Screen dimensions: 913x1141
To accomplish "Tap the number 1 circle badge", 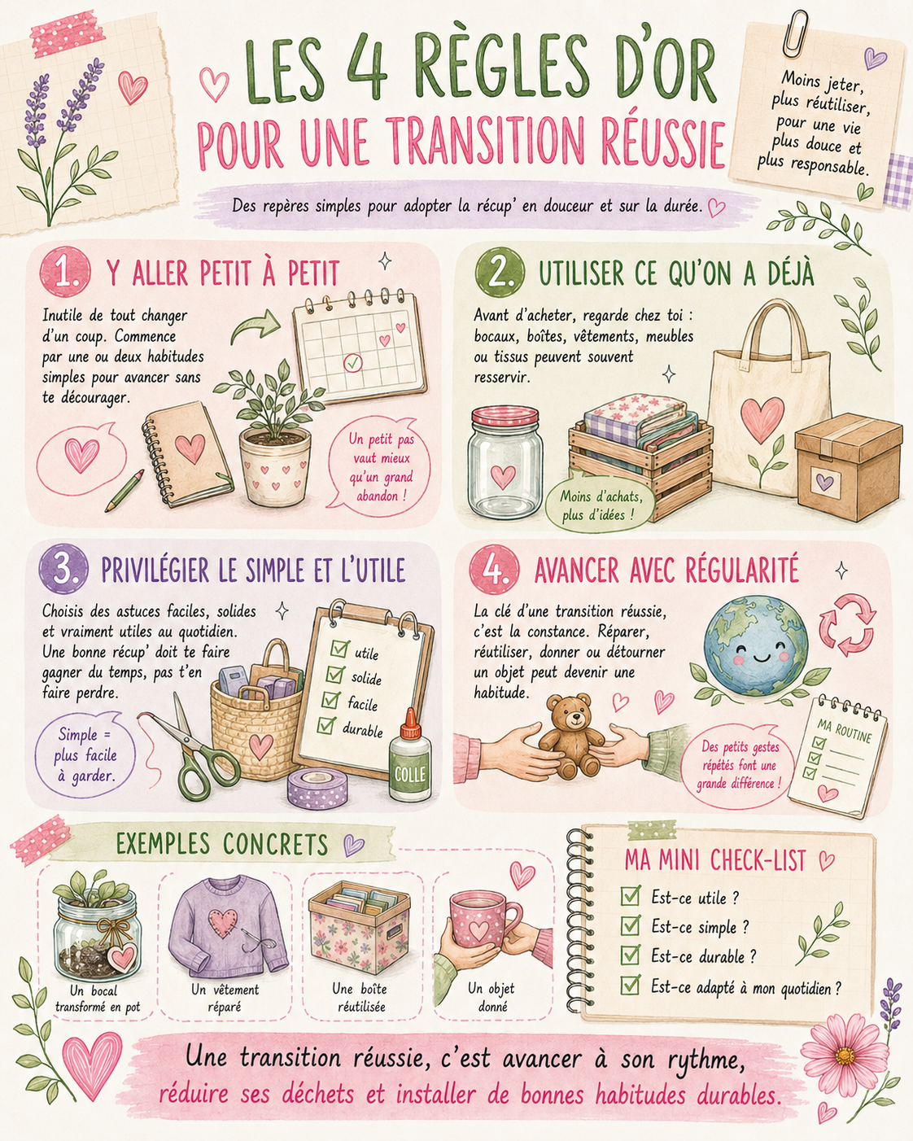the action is [x=64, y=274].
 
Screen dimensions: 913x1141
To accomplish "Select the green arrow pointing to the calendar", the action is [x=256, y=326].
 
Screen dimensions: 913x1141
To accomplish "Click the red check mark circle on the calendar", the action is [x=352, y=363].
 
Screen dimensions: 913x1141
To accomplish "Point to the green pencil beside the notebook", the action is [x=124, y=491].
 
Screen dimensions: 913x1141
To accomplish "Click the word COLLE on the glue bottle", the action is [x=410, y=775].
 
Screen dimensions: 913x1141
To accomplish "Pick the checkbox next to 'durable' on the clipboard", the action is [x=325, y=725].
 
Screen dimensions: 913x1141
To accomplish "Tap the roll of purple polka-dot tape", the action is [x=317, y=787].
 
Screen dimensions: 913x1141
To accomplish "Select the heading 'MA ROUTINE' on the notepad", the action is [x=844, y=731].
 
